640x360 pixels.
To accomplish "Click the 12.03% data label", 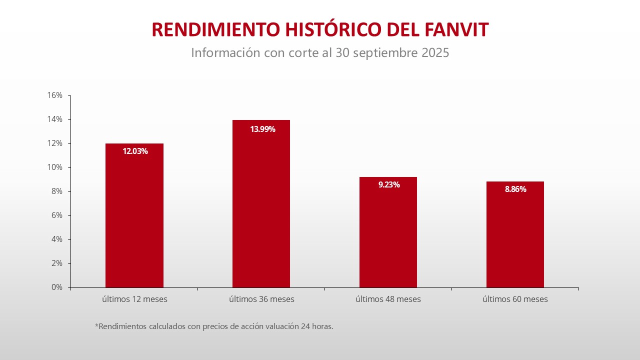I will [135, 151].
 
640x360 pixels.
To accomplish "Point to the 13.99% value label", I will [262, 129].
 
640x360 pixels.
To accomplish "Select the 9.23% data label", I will [389, 184].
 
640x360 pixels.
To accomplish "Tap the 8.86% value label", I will [515, 189].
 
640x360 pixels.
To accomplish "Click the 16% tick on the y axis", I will [55, 95].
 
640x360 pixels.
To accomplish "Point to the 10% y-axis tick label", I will [55, 167].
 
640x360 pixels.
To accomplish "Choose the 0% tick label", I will [56, 287].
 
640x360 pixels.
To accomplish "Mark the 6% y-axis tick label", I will [56, 215].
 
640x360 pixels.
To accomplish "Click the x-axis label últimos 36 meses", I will [261, 299].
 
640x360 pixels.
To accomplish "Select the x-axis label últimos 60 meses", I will [515, 299].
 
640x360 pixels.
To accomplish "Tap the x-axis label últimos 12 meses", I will [134, 299].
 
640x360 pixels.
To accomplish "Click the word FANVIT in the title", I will [456, 30].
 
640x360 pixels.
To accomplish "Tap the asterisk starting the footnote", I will [96, 325].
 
